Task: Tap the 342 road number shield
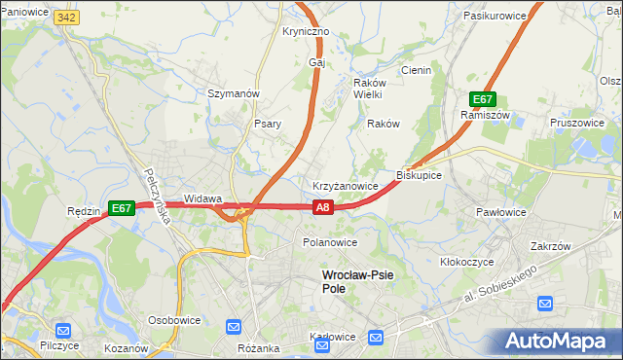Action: (66, 18)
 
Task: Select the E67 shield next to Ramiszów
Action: (484, 99)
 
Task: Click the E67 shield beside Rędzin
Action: (121, 207)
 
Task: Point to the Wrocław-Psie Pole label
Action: (357, 281)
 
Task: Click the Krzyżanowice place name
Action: (345, 185)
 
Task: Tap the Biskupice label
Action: (420, 175)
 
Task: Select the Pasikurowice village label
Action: (495, 17)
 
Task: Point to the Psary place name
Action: (268, 124)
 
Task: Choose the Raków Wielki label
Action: (368, 89)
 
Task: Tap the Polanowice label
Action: (330, 242)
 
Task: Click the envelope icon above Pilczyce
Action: (63, 330)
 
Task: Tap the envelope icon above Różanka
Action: (234, 327)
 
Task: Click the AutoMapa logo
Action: (557, 341)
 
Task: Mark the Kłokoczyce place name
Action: (467, 262)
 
